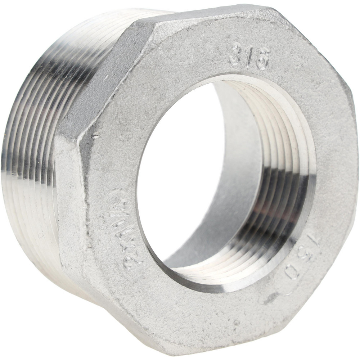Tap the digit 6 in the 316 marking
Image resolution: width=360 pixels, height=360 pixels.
(x=262, y=62)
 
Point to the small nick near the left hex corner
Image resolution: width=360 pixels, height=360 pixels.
(x=95, y=136)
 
